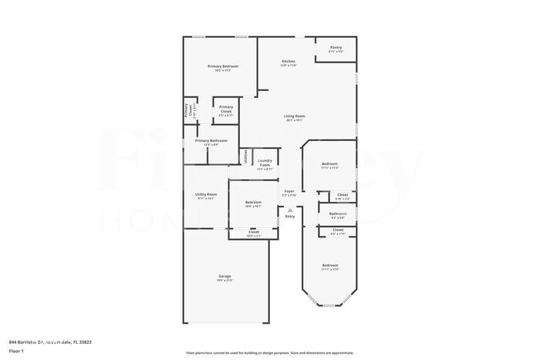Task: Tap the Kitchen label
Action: [288, 61]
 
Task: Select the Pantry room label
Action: [336, 47]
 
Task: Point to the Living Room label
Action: [294, 116]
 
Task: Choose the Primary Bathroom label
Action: [211, 140]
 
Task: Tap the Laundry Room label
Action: [265, 163]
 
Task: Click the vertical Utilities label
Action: [246, 156]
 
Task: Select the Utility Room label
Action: [206, 194]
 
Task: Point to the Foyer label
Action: [289, 190]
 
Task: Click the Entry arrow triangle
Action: [290, 210]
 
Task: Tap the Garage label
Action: [224, 276]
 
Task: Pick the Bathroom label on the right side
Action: [337, 214]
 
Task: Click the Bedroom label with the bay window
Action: [330, 265]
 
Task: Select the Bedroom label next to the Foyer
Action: [253, 202]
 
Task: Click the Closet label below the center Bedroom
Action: [254, 230]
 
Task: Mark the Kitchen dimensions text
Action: [288, 66]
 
